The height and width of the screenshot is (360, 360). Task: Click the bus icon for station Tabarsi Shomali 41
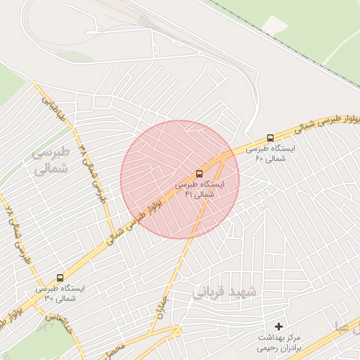click(200, 173)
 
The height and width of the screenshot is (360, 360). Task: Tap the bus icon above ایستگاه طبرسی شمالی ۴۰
click(271, 138)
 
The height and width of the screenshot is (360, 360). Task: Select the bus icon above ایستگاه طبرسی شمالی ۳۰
click(59, 278)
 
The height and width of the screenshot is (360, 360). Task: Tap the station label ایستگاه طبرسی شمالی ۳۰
click(59, 293)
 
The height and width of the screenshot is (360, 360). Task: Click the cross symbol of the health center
click(279, 326)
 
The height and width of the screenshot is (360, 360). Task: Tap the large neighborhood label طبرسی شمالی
click(52, 160)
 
